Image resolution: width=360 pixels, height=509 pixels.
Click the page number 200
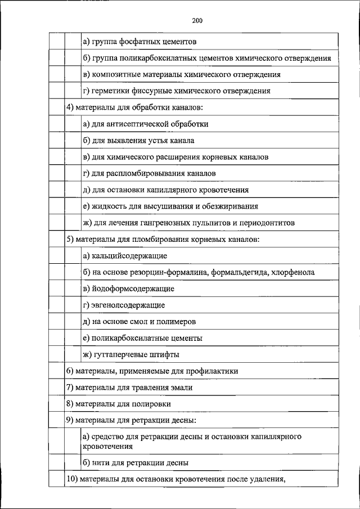196,21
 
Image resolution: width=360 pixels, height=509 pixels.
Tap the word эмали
183,388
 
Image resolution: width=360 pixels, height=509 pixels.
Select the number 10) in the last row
73,480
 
